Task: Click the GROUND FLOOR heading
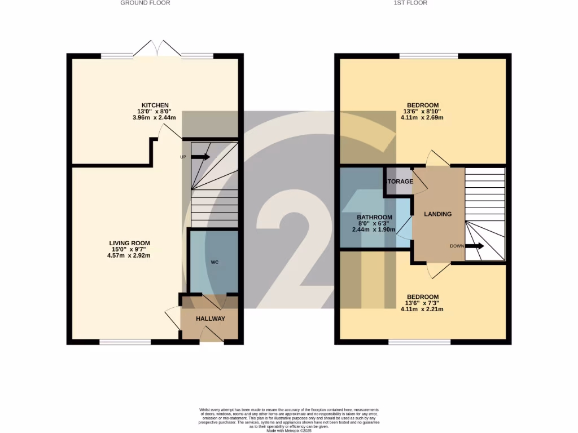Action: [x=145, y=3]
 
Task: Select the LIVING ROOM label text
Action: [x=130, y=243]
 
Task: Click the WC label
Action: [x=215, y=262]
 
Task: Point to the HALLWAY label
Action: [x=211, y=319]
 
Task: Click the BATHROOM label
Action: [x=374, y=218]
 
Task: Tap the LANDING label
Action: [x=438, y=214]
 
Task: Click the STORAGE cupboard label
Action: [x=399, y=182]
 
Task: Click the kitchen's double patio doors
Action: [x=157, y=48]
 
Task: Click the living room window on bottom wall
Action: [x=125, y=341]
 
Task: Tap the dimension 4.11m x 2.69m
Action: [x=422, y=118]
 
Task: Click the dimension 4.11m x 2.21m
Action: [x=422, y=309]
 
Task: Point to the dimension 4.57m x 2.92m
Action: [x=130, y=255]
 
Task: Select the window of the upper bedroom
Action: [x=428, y=56]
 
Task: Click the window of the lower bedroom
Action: [x=419, y=341]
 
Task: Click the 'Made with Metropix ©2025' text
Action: [x=288, y=430]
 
